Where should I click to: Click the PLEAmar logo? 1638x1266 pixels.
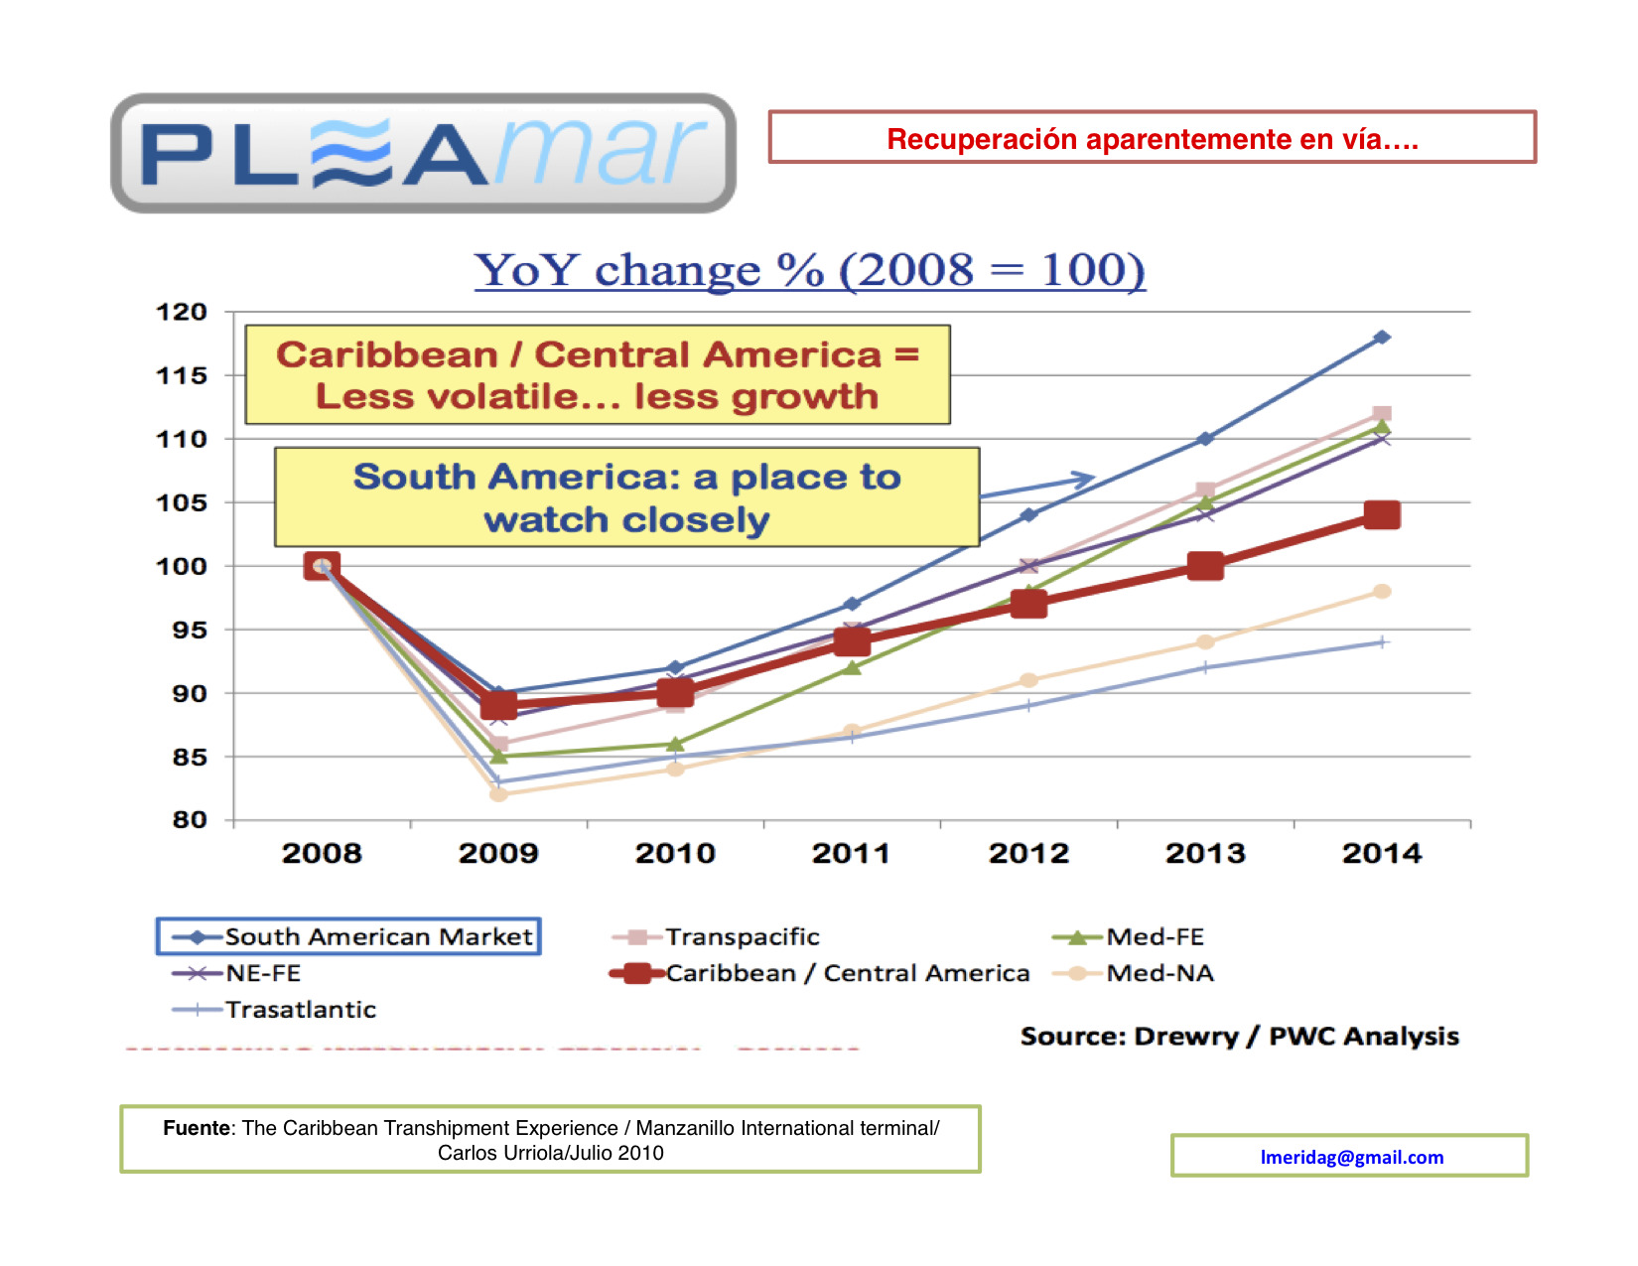pyautogui.click(x=423, y=153)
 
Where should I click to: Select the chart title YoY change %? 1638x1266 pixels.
pyautogui.click(x=809, y=269)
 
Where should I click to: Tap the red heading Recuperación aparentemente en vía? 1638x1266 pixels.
pyautogui.click(x=1152, y=138)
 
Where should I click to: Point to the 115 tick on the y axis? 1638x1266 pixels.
pyautogui.click(x=182, y=375)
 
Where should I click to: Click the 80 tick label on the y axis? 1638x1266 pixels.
pyautogui.click(x=190, y=820)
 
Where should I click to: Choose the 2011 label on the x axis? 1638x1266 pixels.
pyautogui.click(x=851, y=853)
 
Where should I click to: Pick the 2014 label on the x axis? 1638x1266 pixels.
pyautogui.click(x=1381, y=853)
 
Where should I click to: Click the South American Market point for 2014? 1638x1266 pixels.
pyautogui.click(x=1382, y=338)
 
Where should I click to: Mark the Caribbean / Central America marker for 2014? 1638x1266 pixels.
pyautogui.click(x=1382, y=514)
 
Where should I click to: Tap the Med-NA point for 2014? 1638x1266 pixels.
pyautogui.click(x=1382, y=592)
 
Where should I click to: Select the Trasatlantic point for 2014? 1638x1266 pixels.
pyautogui.click(x=1382, y=642)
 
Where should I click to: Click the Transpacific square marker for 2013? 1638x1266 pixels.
pyautogui.click(x=1205, y=490)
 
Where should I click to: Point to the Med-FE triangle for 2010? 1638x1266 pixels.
pyautogui.click(x=675, y=744)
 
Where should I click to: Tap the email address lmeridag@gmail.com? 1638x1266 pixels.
pyautogui.click(x=1351, y=1157)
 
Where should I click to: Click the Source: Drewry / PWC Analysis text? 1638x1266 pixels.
pyautogui.click(x=1239, y=1037)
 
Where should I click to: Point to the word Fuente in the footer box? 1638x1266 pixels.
pyautogui.click(x=197, y=1128)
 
